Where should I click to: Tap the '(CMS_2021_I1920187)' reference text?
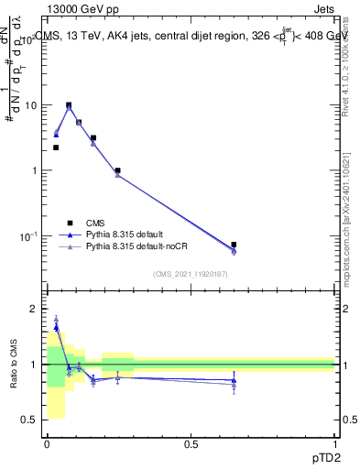(191, 273)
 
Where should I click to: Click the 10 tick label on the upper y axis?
(32, 105)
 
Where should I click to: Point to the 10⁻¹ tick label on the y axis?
(31, 236)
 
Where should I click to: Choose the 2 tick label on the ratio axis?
(37, 309)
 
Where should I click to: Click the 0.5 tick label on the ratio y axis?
(32, 420)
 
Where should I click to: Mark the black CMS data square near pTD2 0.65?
(234, 245)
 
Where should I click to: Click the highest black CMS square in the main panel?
(69, 105)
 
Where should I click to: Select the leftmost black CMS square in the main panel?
(56, 147)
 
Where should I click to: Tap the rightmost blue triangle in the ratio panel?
(234, 380)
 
